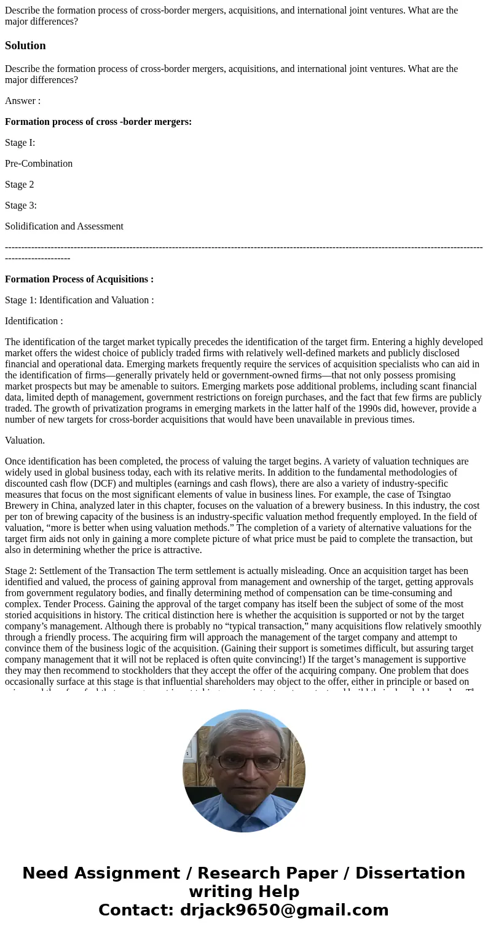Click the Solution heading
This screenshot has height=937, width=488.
25,46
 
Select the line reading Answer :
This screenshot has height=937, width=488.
23,101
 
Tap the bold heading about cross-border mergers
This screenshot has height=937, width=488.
98,122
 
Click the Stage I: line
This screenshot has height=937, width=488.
20,143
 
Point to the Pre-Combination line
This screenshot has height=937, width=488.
39,164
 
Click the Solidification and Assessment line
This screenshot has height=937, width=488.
64,226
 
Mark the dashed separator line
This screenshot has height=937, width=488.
243,247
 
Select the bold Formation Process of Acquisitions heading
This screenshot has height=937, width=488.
79,279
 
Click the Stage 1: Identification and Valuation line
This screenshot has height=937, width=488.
79,300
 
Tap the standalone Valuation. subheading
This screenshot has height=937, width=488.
25,441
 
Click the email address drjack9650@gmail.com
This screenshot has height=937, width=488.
284,910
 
